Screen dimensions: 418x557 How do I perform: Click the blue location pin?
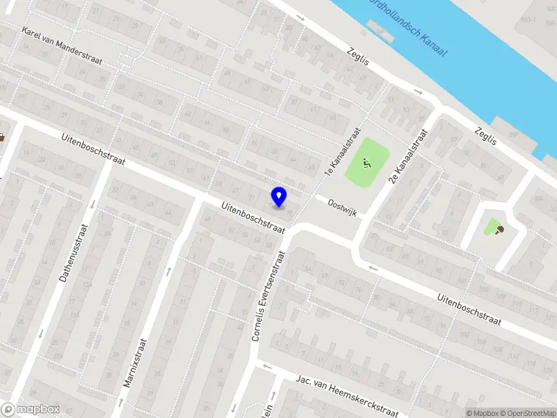(279, 197)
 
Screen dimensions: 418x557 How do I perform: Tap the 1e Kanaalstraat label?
(342, 151)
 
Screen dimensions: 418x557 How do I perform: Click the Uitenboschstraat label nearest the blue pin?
(253, 217)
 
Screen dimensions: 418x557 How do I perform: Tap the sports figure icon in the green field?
(366, 164)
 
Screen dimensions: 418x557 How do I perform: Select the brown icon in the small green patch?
(499, 230)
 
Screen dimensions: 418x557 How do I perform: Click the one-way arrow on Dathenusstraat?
(41, 332)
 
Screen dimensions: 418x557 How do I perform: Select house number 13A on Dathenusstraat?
(87, 285)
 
